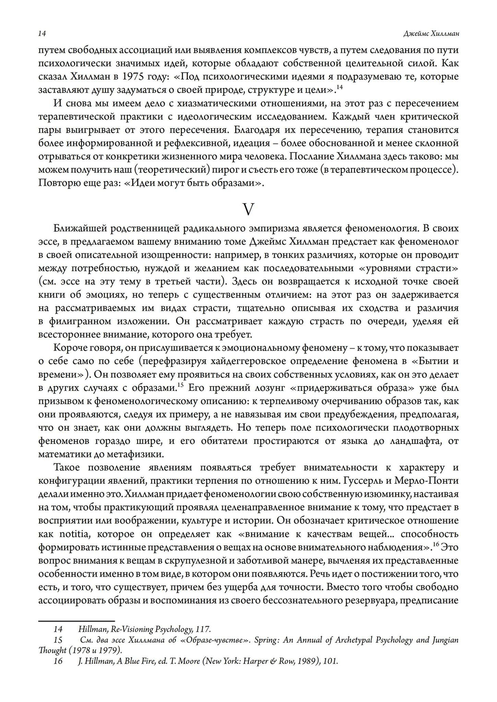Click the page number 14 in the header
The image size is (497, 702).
tap(42, 34)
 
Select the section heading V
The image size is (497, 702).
tap(248, 209)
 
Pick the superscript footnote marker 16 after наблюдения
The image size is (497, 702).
tap(435, 544)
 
